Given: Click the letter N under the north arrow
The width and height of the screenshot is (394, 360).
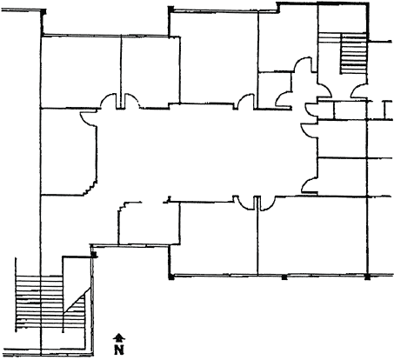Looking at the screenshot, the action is click(119, 350).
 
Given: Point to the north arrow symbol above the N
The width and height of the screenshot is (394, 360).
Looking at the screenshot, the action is click(119, 338).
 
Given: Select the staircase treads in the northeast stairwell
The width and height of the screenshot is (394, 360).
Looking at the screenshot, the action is click(353, 53).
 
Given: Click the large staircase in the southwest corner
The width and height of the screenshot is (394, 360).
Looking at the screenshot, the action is click(50, 303).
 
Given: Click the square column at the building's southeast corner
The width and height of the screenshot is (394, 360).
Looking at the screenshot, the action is click(368, 277).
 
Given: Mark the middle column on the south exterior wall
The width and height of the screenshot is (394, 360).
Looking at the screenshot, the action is click(284, 277).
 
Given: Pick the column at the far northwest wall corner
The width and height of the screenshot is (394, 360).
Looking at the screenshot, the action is click(43, 12).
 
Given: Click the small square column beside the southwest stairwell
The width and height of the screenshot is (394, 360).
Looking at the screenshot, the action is click(93, 254).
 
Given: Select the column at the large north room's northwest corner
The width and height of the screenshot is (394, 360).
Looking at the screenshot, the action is click(171, 10).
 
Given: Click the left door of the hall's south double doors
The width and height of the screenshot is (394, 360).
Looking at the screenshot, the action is click(244, 203).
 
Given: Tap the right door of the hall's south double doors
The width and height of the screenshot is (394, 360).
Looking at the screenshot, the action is click(267, 203).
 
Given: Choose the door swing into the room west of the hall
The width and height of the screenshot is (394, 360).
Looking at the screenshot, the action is click(88, 119).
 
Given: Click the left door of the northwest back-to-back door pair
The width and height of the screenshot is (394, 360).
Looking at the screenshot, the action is click(109, 101).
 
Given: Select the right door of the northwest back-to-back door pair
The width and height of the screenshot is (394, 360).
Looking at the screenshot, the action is click(132, 101).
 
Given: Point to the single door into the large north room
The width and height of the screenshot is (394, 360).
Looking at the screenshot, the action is click(245, 102).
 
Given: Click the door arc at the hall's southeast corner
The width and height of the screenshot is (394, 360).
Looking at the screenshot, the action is click(310, 185).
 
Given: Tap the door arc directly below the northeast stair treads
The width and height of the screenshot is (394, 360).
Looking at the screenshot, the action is click(359, 90).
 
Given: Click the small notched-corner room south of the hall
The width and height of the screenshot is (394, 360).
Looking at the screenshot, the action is click(149, 223).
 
